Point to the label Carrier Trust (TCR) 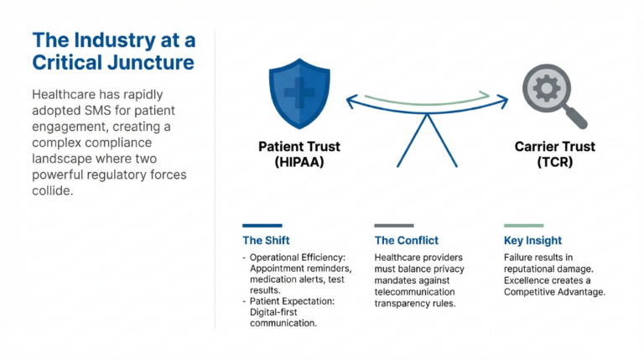pyautogui.click(x=554, y=154)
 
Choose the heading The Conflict pyautogui.click(x=406, y=240)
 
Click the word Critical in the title pyautogui.click(x=68, y=63)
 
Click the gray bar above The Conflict pyautogui.click(x=393, y=226)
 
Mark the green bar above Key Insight pyautogui.click(x=524, y=226)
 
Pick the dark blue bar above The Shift pyautogui.click(x=262, y=226)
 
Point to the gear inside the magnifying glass pyautogui.click(x=546, y=87)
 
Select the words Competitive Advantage pyautogui.click(x=554, y=292)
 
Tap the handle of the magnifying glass pyautogui.click(x=576, y=117)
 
